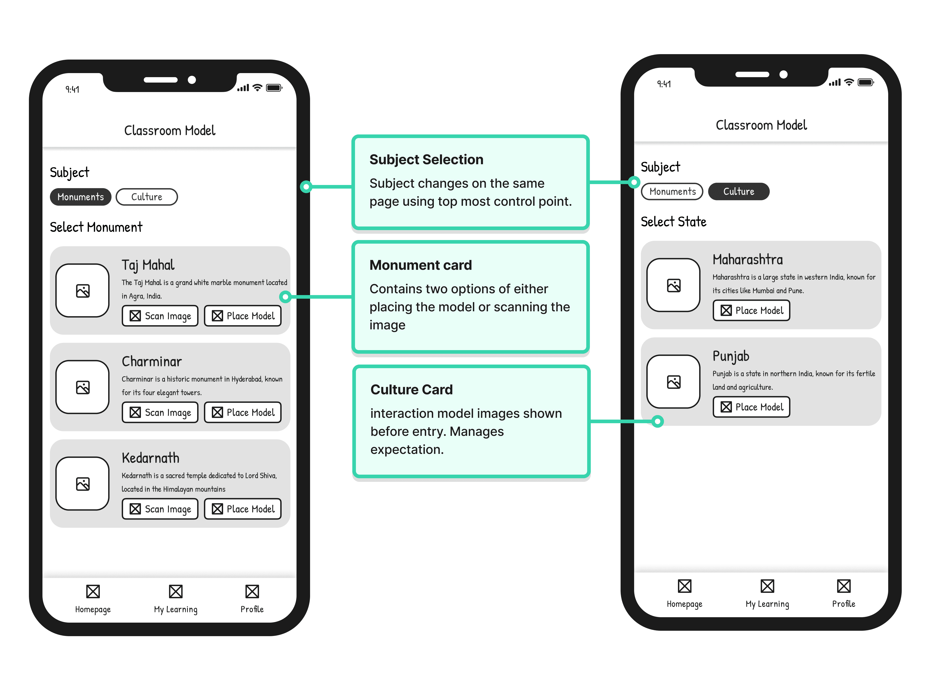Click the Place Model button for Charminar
(243, 412)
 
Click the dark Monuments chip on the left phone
(80, 197)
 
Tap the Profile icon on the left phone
(252, 591)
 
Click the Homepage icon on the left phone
(93, 591)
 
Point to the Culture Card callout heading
(411, 389)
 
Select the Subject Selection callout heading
(426, 159)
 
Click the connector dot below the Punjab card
(657, 421)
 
